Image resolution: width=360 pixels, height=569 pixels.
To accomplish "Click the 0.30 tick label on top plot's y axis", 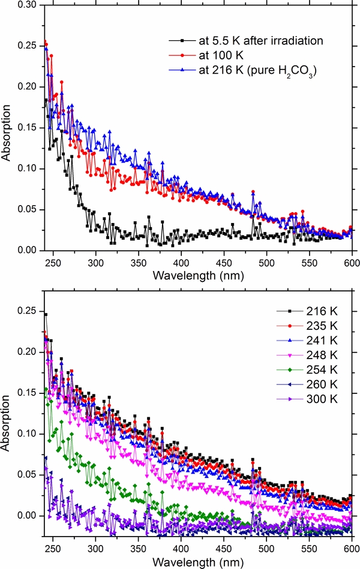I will tap(27, 4).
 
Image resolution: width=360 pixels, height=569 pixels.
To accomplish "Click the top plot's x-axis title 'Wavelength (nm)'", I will tap(197, 276).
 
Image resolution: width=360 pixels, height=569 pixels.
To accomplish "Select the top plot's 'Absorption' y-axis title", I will tap(8, 127).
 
